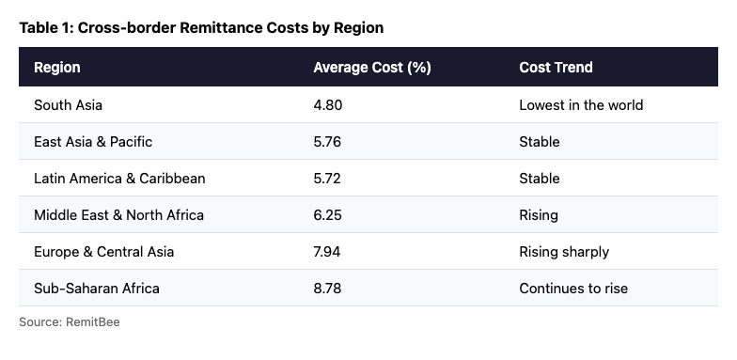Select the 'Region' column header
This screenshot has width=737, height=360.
(x=57, y=68)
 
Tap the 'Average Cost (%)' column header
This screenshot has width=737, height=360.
(x=371, y=68)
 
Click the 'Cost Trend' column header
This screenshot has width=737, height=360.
(x=556, y=68)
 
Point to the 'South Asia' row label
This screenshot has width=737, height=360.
(x=68, y=105)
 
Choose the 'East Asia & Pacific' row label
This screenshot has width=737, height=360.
(x=93, y=142)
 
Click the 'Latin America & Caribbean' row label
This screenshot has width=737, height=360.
(x=119, y=179)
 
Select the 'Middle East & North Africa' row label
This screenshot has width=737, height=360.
(x=118, y=215)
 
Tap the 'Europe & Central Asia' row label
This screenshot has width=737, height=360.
(x=103, y=252)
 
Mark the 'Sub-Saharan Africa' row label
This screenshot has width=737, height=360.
(x=97, y=289)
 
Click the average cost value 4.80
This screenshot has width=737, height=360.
(x=328, y=105)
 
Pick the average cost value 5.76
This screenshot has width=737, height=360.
(x=328, y=142)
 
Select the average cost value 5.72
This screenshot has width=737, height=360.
(x=328, y=179)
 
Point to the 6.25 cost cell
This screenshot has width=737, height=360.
(x=328, y=215)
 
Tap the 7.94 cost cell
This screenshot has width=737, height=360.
(x=328, y=252)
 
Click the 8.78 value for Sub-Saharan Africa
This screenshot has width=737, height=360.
(x=328, y=289)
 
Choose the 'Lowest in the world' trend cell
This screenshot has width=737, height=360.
(x=581, y=105)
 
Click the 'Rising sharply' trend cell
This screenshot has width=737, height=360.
(x=564, y=252)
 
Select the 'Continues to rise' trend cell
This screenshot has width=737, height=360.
(x=573, y=289)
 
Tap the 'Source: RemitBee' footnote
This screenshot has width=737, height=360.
(x=70, y=322)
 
